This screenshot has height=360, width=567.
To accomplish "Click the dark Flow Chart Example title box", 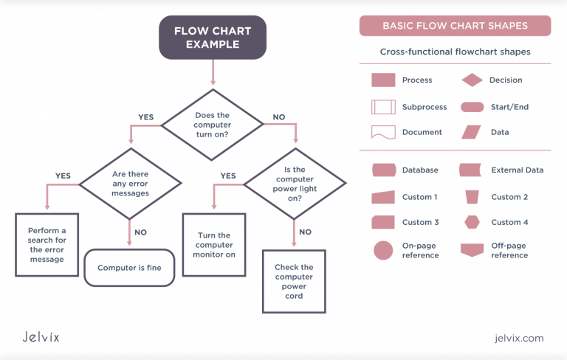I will [212, 38].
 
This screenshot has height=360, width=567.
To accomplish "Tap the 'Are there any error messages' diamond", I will [130, 183].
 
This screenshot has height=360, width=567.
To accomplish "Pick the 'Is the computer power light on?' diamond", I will [295, 183].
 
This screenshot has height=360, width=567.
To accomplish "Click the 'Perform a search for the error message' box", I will [47, 244].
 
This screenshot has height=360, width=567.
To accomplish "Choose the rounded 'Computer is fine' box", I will [129, 268].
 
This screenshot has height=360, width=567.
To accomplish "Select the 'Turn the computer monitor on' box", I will [215, 245].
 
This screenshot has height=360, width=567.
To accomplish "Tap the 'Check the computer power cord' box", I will [294, 280].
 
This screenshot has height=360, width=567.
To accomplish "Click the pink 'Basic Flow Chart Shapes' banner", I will [455, 26].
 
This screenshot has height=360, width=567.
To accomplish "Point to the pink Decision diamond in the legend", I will [472, 80].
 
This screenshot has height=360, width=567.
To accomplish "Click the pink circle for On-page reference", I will [383, 250].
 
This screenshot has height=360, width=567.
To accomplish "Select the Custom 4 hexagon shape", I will [472, 222].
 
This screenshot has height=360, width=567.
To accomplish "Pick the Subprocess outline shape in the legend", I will [383, 107].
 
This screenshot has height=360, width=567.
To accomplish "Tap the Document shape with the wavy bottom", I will [383, 133].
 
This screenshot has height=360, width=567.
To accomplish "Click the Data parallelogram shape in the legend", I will [472, 133].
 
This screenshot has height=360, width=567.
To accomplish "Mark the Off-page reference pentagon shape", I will [472, 250].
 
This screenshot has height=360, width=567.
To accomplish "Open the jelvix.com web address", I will [519, 338].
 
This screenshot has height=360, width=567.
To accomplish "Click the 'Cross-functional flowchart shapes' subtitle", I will [455, 52].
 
